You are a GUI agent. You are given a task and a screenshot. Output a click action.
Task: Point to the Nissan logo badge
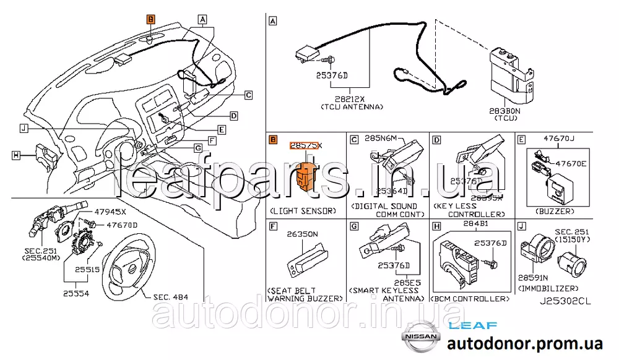[x=420, y=338]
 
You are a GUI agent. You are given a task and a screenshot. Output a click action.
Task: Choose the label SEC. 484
[x=170, y=297]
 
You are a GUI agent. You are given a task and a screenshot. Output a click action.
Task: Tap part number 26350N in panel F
[x=301, y=234]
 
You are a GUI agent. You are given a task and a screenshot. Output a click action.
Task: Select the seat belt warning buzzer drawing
[x=303, y=263]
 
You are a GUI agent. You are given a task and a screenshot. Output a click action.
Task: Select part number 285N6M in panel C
[x=381, y=139]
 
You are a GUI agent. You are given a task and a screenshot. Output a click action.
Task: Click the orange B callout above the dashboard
[x=151, y=20]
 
